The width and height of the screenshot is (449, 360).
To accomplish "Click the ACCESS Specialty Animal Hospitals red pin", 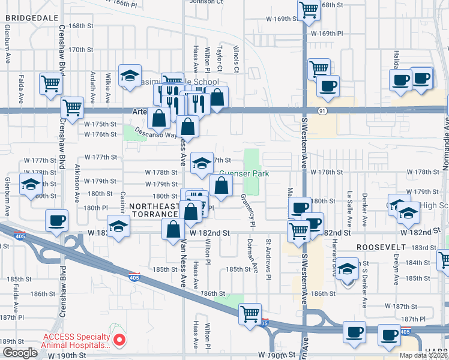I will pyautogui.click(x=119, y=340).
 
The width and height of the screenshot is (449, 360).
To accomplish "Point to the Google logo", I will pyautogui.click(x=19, y=353).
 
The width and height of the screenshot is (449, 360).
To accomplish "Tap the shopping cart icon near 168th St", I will pyautogui.click(x=309, y=10).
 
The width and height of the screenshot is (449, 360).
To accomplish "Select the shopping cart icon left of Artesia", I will pyautogui.click(x=72, y=108).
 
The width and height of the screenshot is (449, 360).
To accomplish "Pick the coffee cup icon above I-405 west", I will pyautogui.click(x=57, y=220).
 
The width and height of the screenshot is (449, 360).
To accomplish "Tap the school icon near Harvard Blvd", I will pyautogui.click(x=346, y=269).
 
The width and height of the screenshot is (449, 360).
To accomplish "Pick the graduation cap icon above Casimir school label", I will pyautogui.click(x=129, y=76).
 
